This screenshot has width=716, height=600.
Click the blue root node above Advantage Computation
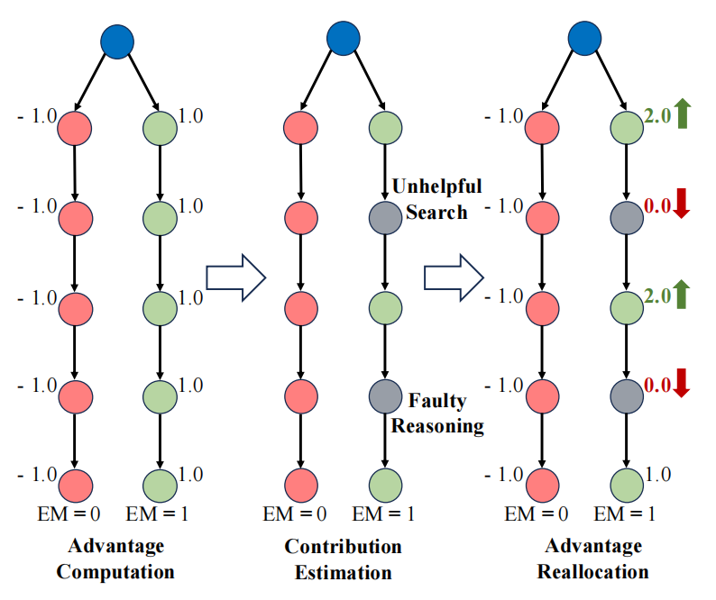pyautogui.click(x=117, y=41)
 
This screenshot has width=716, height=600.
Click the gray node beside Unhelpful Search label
pyautogui.click(x=385, y=217)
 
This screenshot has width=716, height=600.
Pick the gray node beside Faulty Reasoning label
pyautogui.click(x=385, y=395)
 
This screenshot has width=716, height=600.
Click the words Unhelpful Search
pyautogui.click(x=436, y=199)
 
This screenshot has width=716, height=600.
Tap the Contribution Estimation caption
pyautogui.click(x=343, y=559)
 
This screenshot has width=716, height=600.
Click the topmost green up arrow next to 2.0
pyautogui.click(x=682, y=114)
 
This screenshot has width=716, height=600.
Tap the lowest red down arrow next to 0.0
pyautogui.click(x=681, y=385)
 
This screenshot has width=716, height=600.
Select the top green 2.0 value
pyautogui.click(x=657, y=115)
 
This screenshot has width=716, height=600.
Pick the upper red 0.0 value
pyautogui.click(x=657, y=206)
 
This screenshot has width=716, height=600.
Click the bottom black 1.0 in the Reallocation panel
pyautogui.click(x=657, y=475)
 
